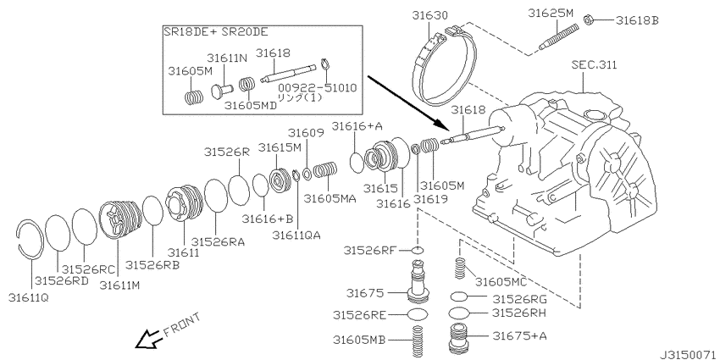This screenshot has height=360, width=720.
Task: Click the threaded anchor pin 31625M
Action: [559, 35]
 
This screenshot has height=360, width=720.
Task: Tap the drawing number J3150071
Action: [690, 355]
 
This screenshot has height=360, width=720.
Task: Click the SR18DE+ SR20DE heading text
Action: [216, 32]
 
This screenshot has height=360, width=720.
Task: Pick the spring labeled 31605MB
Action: [417, 340]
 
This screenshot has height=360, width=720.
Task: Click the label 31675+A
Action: [520, 336]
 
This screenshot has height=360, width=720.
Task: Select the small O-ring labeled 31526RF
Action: [417, 251]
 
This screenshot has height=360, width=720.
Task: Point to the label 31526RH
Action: [519, 313]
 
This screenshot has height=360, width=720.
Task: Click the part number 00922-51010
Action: [317, 88]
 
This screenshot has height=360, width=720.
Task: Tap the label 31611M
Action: [119, 285]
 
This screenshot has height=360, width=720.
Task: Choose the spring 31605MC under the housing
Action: [460, 268]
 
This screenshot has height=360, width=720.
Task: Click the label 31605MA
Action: [330, 198]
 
